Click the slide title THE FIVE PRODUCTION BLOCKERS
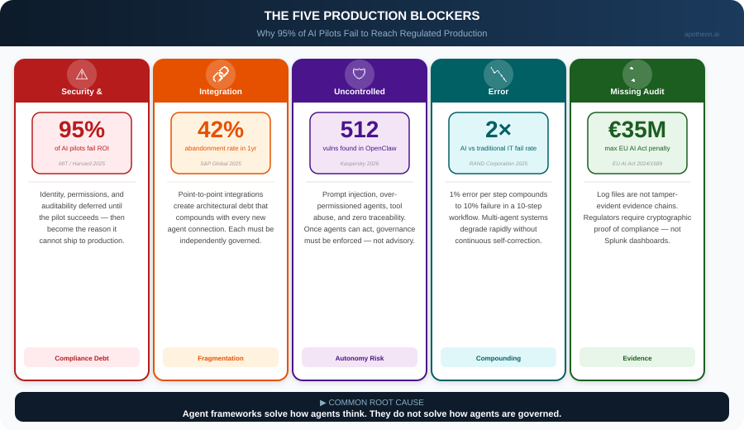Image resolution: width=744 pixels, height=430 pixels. [x=372, y=16]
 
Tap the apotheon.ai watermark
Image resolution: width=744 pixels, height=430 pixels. [x=701, y=34]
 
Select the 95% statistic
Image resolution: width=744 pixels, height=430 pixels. [x=82, y=130]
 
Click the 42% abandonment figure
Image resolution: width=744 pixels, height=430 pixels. [x=221, y=130]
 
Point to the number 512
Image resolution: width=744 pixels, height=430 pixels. [x=360, y=130]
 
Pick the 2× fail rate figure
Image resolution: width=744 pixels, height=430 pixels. [x=498, y=130]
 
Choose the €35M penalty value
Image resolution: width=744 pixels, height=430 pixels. [x=637, y=130]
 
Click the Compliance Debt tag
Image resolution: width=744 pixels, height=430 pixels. [x=82, y=358]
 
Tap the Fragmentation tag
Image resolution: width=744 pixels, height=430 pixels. [x=221, y=358]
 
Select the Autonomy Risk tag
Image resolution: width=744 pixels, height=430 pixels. [x=360, y=358]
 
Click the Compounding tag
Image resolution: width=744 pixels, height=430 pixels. [x=498, y=358]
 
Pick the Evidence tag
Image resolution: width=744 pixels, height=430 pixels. [x=637, y=358]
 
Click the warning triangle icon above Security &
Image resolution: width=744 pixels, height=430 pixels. [x=82, y=74]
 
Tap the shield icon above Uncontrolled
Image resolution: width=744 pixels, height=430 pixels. [x=360, y=74]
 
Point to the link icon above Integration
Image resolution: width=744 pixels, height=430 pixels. [x=221, y=74]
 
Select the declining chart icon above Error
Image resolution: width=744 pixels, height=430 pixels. [x=498, y=74]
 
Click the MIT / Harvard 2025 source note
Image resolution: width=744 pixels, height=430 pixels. [x=82, y=164]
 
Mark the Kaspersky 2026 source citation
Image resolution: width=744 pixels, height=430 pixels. [x=360, y=164]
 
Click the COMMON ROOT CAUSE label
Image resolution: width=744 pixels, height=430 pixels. [x=372, y=403]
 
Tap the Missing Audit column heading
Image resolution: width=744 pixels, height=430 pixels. [x=637, y=92]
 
